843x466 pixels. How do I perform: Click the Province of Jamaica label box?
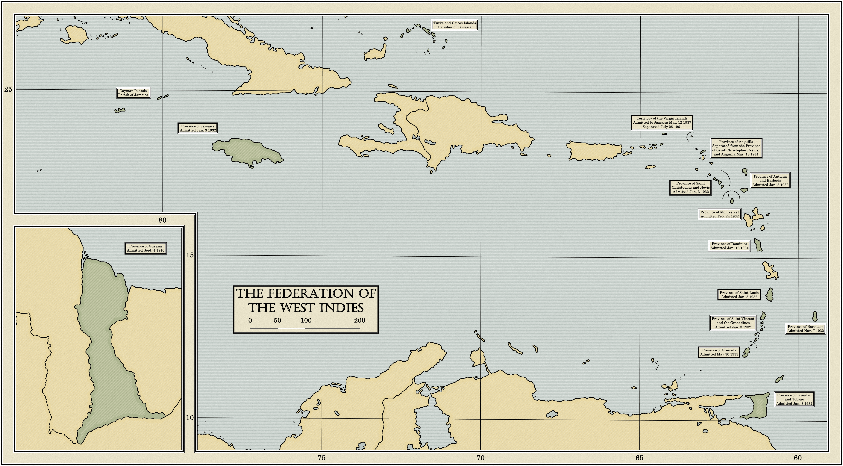(198, 128)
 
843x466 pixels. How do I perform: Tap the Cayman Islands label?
(133, 93)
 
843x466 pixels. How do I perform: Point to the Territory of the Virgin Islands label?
(662, 122)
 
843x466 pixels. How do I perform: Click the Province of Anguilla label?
(736, 148)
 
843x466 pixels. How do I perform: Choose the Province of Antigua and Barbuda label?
(770, 181)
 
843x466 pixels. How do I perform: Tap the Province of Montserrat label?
(720, 214)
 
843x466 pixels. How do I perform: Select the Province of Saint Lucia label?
(739, 295)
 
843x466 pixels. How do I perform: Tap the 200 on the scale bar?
(359, 320)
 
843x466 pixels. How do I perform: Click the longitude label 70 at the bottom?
(480, 458)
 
